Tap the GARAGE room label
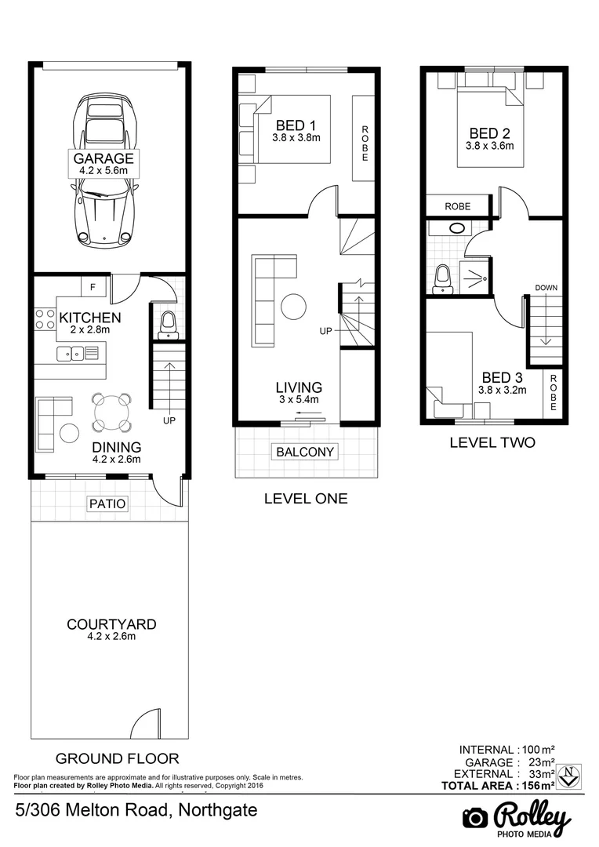[103, 158]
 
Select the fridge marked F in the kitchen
[93, 288]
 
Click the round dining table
[111, 411]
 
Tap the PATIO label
[107, 503]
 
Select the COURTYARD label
[111, 624]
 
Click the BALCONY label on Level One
[306, 452]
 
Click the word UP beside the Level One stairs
[326, 332]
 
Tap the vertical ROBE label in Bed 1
[365, 144]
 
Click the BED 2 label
[489, 133]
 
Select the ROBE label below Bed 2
[457, 206]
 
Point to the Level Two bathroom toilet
[443, 278]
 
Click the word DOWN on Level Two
[546, 288]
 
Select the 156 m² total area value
[537, 786]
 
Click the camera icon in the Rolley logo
[475, 818]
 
